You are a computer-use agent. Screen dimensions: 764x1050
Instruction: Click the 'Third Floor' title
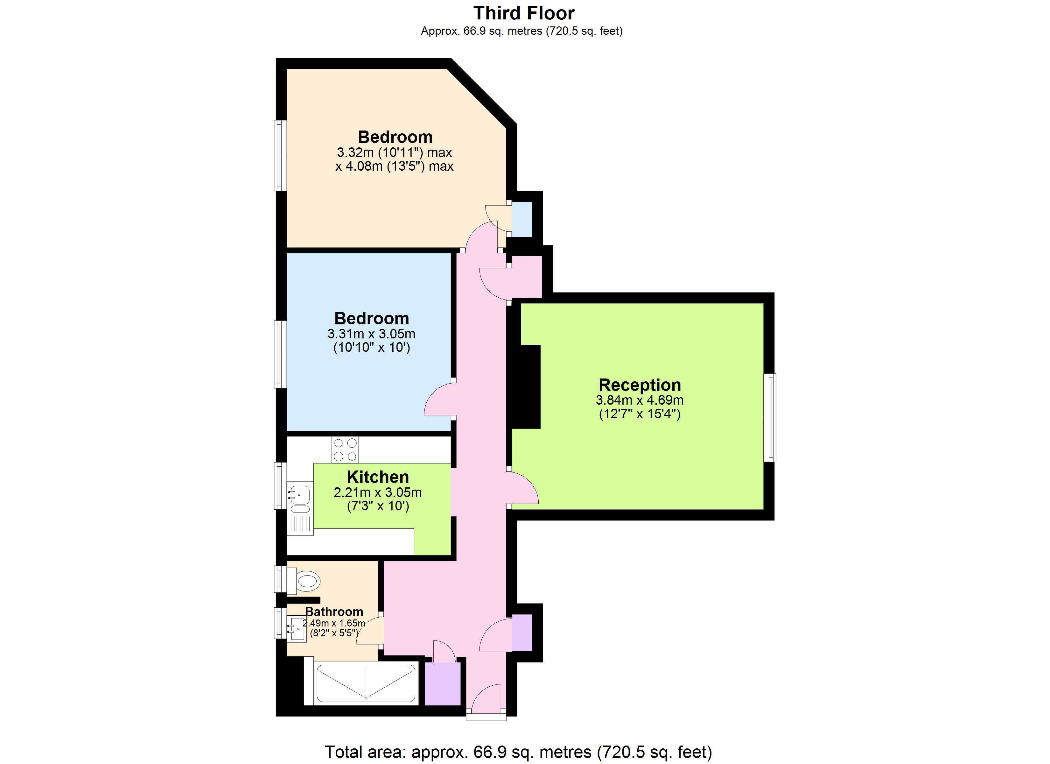(524, 13)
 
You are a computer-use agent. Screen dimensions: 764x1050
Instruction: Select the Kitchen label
(377, 477)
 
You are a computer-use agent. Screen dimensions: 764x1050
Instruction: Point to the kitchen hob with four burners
(345, 449)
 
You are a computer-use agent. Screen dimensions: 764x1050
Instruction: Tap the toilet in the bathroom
(305, 581)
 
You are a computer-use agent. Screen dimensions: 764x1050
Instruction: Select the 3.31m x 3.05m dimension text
(371, 334)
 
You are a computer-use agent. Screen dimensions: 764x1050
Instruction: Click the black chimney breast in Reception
(525, 387)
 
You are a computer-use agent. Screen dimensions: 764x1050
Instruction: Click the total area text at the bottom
(518, 752)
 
